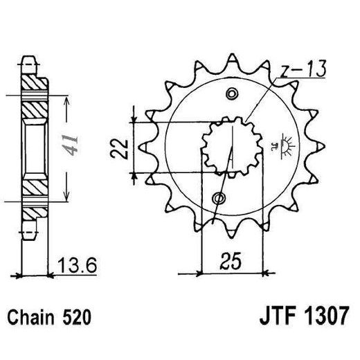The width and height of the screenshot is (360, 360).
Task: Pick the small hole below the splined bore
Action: coord(219,199)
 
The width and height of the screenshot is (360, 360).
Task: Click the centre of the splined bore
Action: coord(226,146)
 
